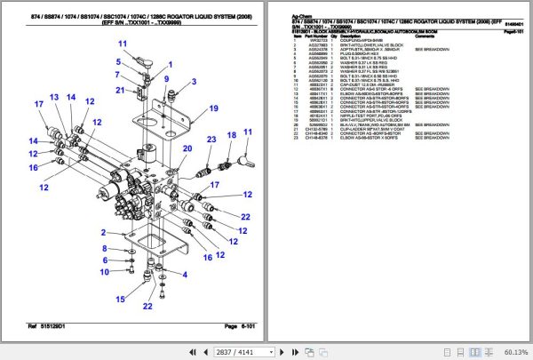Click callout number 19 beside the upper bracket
point(213,108)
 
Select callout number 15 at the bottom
point(120,300)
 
